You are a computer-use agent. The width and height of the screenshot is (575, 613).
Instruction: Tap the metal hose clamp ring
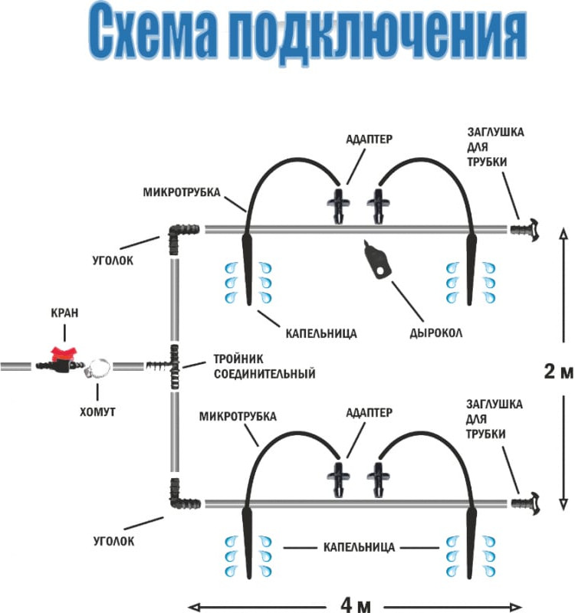pyautogui.click(x=99, y=369)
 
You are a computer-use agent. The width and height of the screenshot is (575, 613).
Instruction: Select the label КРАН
pyautogui.click(x=64, y=313)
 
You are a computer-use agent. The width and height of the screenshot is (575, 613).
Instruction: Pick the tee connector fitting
pyautogui.click(x=170, y=366)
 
